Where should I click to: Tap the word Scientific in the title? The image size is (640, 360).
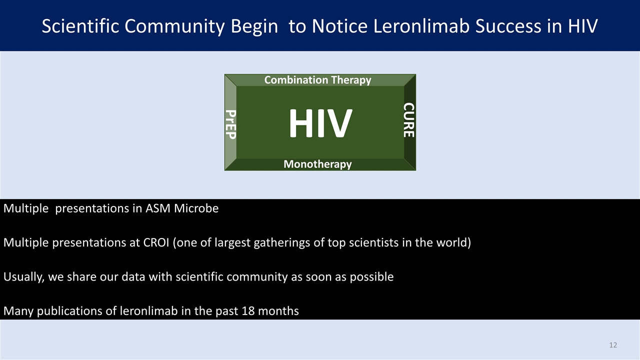[80, 26]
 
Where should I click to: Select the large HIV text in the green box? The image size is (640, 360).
[320, 123]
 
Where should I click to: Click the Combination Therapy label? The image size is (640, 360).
[317, 80]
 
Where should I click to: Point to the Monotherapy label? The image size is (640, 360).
[317, 164]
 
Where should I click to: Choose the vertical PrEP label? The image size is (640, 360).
[230, 123]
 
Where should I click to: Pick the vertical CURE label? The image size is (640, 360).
[409, 120]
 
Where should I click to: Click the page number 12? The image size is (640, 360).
[613, 345]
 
